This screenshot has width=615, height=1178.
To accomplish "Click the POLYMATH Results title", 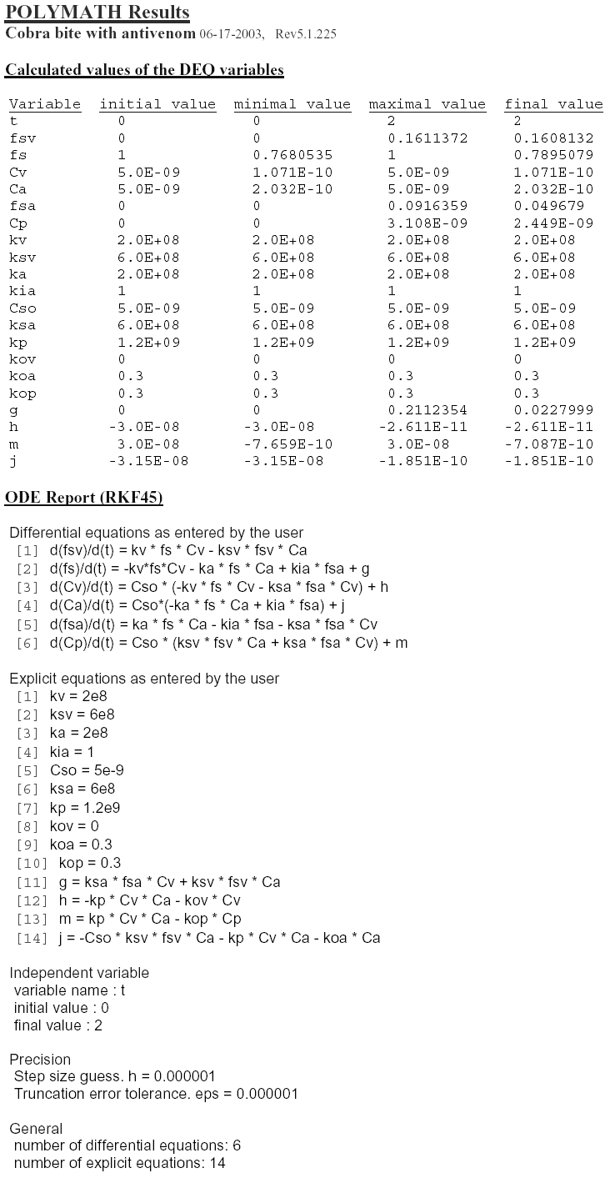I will (x=97, y=13).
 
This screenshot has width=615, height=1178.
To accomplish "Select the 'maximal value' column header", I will (x=427, y=104).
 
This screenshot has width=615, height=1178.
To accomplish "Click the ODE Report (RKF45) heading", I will (x=83, y=499).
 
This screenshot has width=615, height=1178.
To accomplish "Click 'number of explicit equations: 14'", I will (x=119, y=1163).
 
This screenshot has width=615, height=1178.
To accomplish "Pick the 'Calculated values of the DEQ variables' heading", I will (x=144, y=70).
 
